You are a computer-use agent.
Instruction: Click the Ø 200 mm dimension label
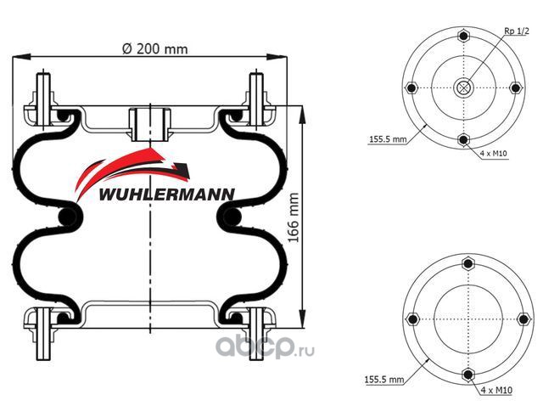(x=155, y=49)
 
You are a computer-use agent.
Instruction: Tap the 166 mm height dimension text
(x=294, y=217)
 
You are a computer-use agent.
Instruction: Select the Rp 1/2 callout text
(x=517, y=31)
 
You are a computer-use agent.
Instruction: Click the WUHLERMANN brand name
(x=166, y=195)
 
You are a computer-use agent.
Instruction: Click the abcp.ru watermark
(x=265, y=347)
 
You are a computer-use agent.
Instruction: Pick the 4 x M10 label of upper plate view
(x=494, y=153)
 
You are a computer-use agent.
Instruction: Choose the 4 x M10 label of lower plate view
(x=496, y=390)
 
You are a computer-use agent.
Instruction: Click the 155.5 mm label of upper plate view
(x=388, y=139)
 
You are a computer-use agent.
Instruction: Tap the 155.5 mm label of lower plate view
(x=383, y=380)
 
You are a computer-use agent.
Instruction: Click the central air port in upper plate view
(x=463, y=87)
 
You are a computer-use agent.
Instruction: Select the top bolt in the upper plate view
(x=463, y=36)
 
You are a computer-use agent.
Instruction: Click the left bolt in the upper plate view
(x=411, y=88)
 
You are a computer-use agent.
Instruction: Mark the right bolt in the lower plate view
(x=523, y=319)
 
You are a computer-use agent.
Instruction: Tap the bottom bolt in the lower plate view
(x=467, y=375)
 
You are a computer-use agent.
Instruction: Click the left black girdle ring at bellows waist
(x=67, y=217)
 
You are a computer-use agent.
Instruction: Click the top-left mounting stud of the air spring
(x=43, y=98)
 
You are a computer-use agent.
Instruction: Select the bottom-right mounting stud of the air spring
(x=256, y=334)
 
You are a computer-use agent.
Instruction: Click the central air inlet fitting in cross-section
(x=150, y=125)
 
